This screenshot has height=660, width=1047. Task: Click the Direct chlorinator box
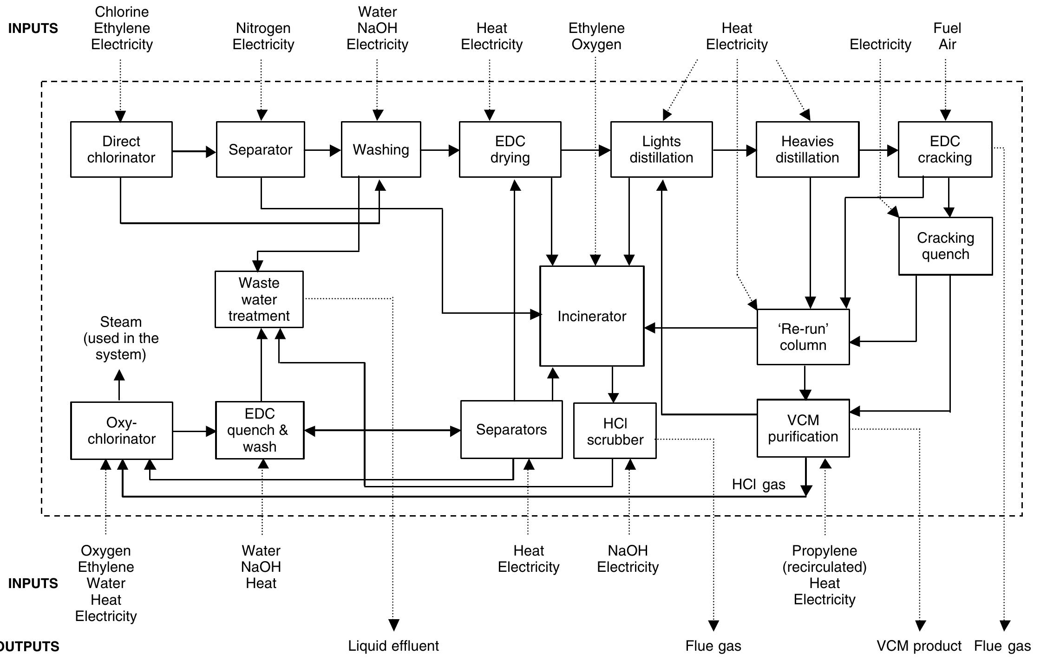[x=121, y=149]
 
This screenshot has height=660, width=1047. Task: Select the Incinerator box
[x=591, y=316]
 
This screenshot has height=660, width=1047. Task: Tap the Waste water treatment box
[x=259, y=299]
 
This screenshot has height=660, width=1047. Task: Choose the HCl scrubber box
[x=615, y=431]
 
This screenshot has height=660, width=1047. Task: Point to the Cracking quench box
[x=945, y=246]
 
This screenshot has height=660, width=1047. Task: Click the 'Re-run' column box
[x=803, y=337]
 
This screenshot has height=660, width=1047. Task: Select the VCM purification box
[x=803, y=428]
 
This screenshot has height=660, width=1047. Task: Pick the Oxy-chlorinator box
[x=121, y=431]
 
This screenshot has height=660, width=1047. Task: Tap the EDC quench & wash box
[x=259, y=430]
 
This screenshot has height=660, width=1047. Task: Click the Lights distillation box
[x=661, y=149]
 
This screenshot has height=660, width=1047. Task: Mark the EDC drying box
[x=510, y=149]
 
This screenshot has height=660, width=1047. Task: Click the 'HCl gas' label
[x=758, y=485]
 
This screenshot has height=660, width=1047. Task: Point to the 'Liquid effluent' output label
[x=393, y=646]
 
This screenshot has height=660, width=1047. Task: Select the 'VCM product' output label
[x=918, y=646]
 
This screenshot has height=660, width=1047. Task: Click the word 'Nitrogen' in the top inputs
[x=263, y=28]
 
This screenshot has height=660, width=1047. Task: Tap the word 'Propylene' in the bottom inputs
[x=824, y=551]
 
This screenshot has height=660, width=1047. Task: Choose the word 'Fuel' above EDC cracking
[x=947, y=28]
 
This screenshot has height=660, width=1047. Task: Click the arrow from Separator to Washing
[x=322, y=150]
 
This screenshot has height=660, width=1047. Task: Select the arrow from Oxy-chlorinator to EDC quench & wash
[x=194, y=432]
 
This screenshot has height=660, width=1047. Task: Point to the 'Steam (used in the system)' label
[x=121, y=338]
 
